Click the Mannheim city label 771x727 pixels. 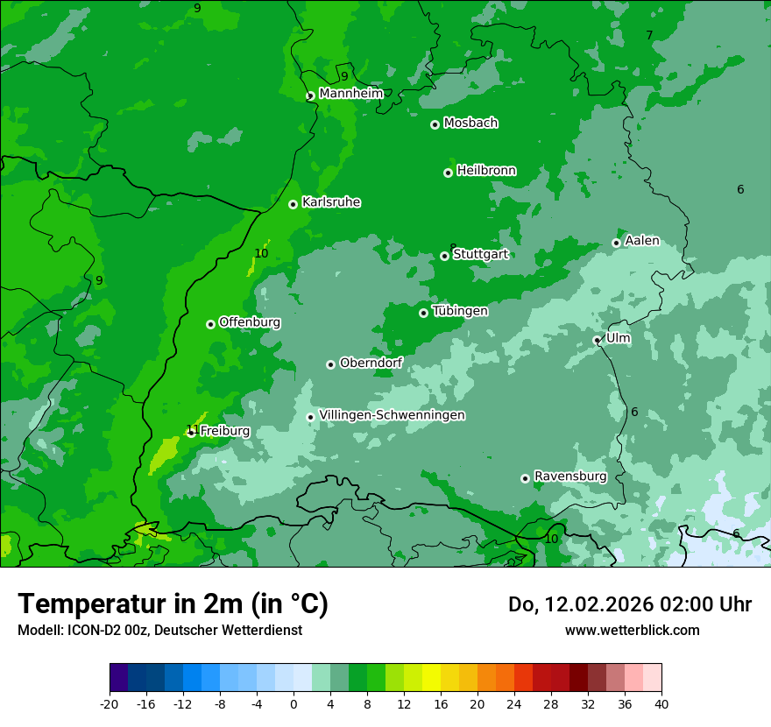click(x=350, y=94)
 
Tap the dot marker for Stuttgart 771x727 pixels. click(x=444, y=256)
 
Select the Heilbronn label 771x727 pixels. click(x=486, y=171)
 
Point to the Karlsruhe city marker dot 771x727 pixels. click(x=293, y=204)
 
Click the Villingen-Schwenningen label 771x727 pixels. click(x=392, y=415)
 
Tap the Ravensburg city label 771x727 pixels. click(x=569, y=476)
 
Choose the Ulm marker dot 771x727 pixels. click(x=597, y=340)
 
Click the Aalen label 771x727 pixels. click(x=641, y=241)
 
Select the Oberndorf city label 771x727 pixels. click(x=371, y=363)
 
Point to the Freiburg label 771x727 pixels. click(x=224, y=431)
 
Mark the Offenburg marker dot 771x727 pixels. click(x=210, y=324)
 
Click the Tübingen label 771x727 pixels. click(x=459, y=311)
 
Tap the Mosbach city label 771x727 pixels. click(x=470, y=123)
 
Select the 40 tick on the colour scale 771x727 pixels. click(x=661, y=703)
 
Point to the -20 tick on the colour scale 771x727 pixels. click(x=110, y=703)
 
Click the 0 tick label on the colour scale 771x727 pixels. click(x=294, y=703)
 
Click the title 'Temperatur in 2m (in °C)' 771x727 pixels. click(x=173, y=603)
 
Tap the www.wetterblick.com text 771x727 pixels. click(x=632, y=630)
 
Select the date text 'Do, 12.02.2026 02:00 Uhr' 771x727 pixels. click(x=629, y=604)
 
